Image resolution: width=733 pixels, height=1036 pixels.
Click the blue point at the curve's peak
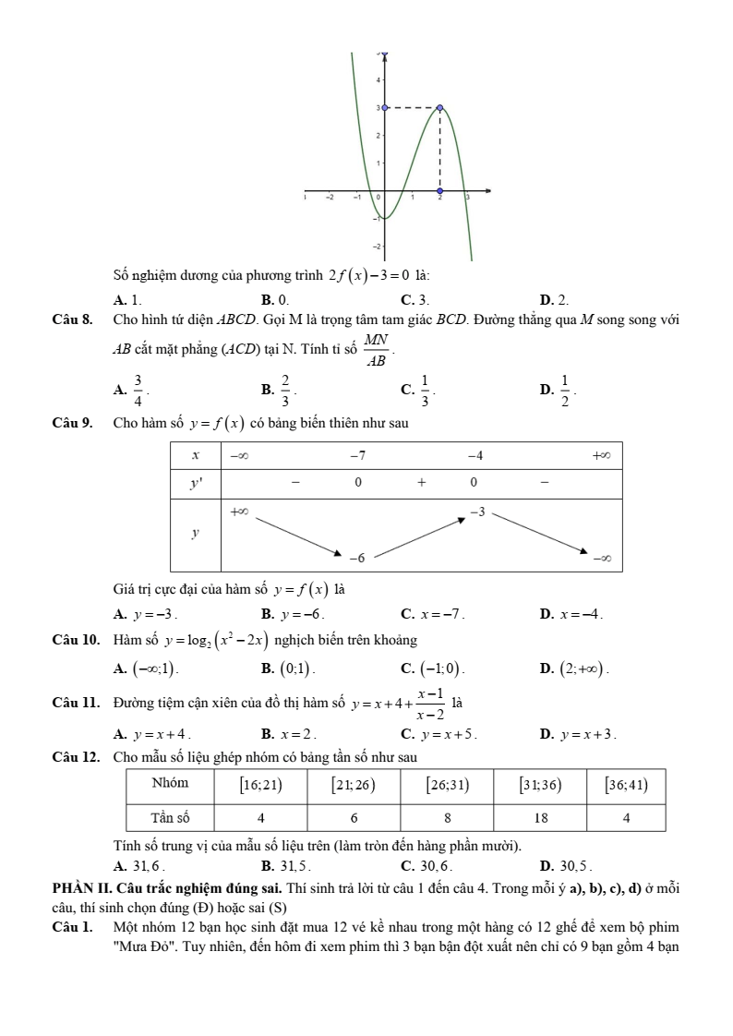pyautogui.click(x=439, y=108)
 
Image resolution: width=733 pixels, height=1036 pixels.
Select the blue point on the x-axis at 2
pyautogui.click(x=439, y=191)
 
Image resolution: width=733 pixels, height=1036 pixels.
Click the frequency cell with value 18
pyautogui.click(x=541, y=817)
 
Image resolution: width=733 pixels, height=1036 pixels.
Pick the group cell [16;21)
pyautogui.click(x=260, y=785)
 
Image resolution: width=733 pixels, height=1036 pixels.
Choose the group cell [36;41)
pyautogui.click(x=625, y=785)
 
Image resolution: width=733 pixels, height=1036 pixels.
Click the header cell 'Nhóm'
pyautogui.click(x=170, y=783)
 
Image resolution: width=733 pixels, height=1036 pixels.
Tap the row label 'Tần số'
pyautogui.click(x=170, y=817)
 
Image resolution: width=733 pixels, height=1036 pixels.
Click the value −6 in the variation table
pyautogui.click(x=356, y=559)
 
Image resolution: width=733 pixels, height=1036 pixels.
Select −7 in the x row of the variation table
pyautogui.click(x=357, y=455)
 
